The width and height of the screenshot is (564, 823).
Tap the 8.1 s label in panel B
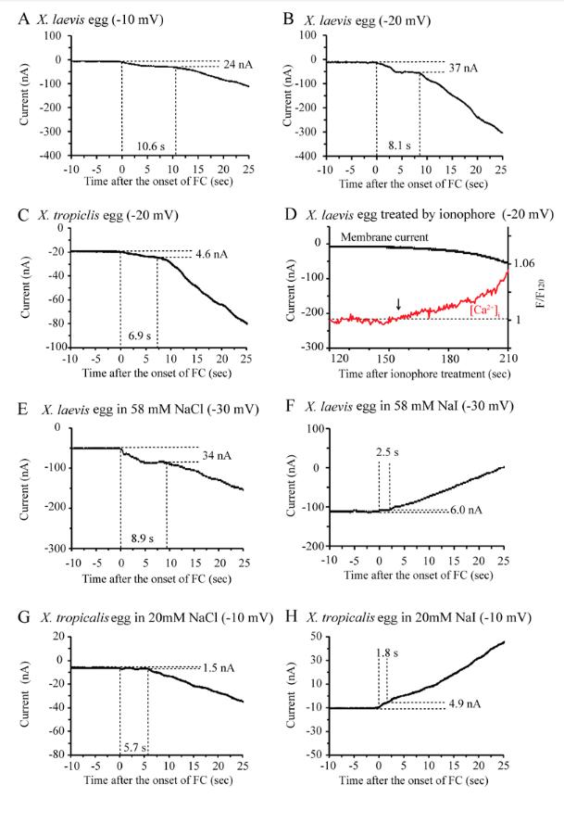[x=396, y=146]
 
